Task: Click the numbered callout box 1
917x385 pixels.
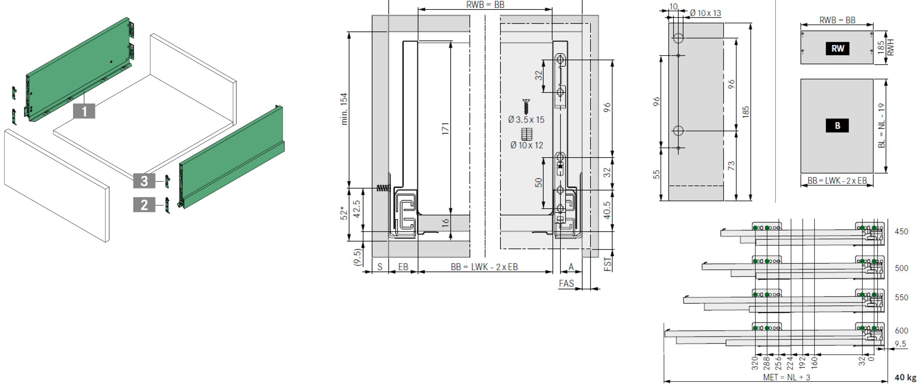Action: click(x=84, y=111)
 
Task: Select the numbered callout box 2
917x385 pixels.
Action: click(x=144, y=205)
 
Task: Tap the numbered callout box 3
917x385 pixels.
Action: click(x=144, y=181)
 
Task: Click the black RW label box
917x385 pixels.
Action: click(x=837, y=48)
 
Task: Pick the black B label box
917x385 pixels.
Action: click(x=837, y=125)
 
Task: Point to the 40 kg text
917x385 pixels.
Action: click(x=905, y=377)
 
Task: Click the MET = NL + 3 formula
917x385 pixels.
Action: click(x=786, y=377)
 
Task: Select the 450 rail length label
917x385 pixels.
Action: click(x=901, y=231)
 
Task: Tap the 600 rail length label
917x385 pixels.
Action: click(x=901, y=331)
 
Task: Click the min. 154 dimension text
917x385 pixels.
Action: click(x=344, y=109)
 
